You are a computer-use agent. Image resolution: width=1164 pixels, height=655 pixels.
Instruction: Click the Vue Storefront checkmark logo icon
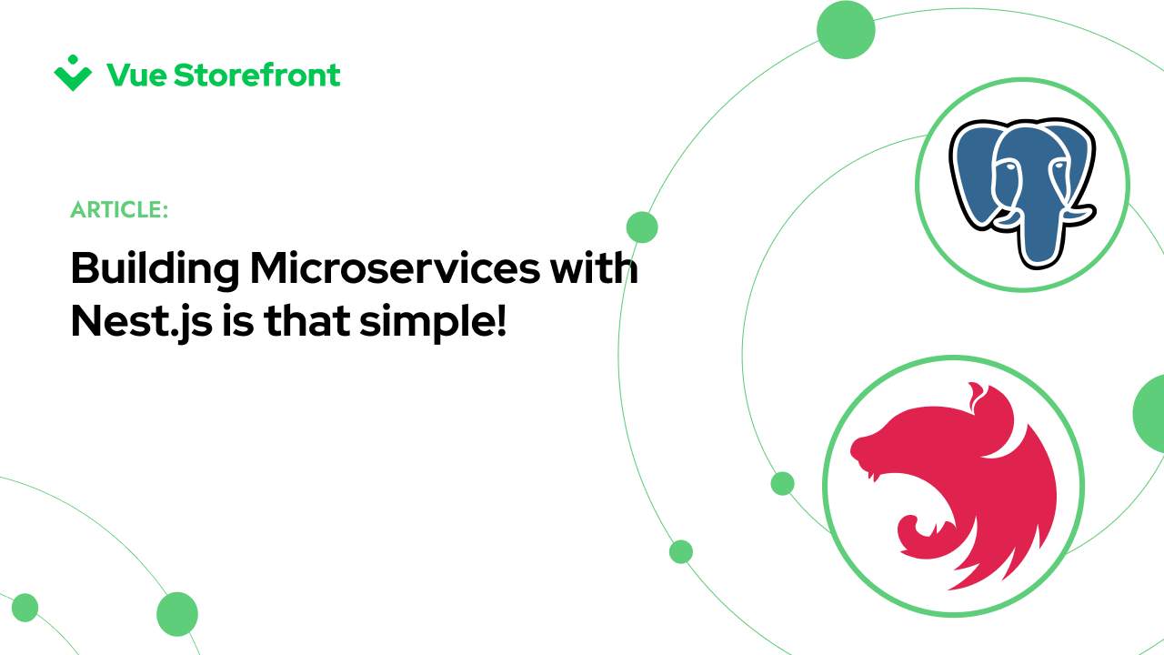73,74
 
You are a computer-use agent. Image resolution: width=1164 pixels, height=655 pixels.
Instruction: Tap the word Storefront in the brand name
256,75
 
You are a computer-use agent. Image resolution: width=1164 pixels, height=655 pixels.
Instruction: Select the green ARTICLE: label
119,210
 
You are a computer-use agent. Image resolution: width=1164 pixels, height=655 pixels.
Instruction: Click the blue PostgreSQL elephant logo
1022,186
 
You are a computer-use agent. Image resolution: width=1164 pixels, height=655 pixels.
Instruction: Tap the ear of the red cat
978,398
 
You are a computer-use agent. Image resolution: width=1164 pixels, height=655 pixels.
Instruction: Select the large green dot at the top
846,30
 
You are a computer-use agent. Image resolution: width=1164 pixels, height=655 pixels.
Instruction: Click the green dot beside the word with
642,227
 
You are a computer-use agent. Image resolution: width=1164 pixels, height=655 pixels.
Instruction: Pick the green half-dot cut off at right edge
1149,412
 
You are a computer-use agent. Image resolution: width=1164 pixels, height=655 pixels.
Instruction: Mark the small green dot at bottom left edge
25,608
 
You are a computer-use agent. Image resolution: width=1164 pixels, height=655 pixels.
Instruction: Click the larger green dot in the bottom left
177,614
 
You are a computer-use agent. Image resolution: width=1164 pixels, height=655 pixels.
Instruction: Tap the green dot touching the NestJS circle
782,483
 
